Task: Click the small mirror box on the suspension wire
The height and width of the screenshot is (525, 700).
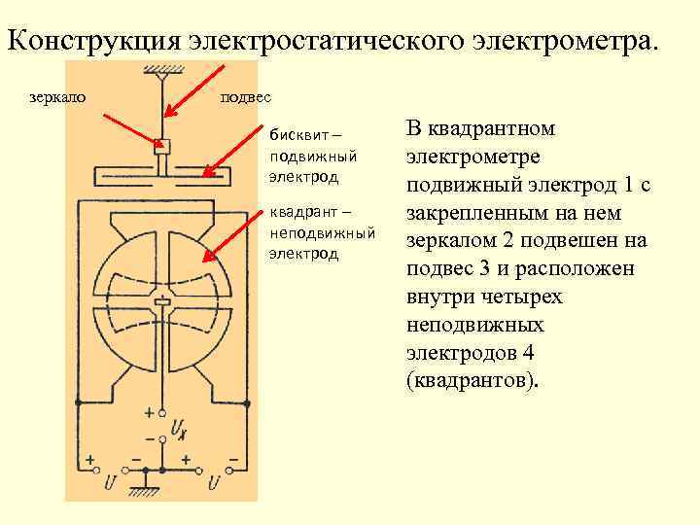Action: (163, 147)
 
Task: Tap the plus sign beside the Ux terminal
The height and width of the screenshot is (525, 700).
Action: (149, 412)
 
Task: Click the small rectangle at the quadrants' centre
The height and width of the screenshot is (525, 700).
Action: (163, 302)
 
